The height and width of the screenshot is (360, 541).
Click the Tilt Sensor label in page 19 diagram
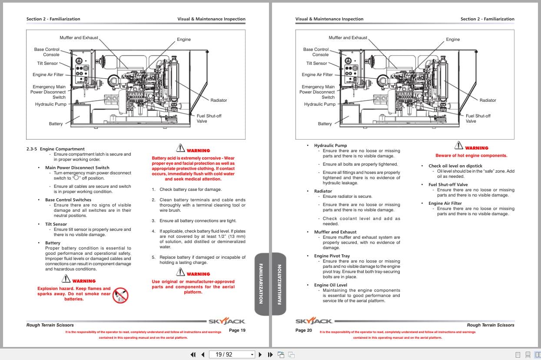click(x=48, y=63)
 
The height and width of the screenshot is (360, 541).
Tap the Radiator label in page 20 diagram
click(x=488, y=100)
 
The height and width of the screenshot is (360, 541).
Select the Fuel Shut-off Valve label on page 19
click(x=209, y=118)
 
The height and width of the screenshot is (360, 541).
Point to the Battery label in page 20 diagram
click(x=325, y=124)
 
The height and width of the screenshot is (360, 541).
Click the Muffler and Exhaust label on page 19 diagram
click(x=79, y=38)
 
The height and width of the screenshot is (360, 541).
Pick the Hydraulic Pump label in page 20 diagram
click(x=320, y=104)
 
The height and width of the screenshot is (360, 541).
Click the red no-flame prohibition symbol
click(x=120, y=295)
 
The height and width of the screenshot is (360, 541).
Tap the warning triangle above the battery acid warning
click(x=180, y=148)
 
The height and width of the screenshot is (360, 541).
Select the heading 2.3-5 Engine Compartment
click(x=55, y=149)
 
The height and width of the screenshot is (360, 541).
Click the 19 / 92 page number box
click(x=232, y=354)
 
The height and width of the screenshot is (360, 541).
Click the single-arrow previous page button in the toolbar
click(x=202, y=354)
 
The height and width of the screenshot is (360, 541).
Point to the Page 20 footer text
click(x=303, y=330)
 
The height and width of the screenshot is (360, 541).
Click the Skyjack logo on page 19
click(x=226, y=321)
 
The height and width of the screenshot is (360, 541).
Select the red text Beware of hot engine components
click(x=471, y=156)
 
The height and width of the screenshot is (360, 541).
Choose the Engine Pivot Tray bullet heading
click(x=332, y=256)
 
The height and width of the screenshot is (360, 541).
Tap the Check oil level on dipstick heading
click(x=455, y=166)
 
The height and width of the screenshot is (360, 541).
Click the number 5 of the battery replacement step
click(x=153, y=257)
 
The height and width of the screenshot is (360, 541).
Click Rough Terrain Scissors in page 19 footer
click(x=50, y=325)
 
